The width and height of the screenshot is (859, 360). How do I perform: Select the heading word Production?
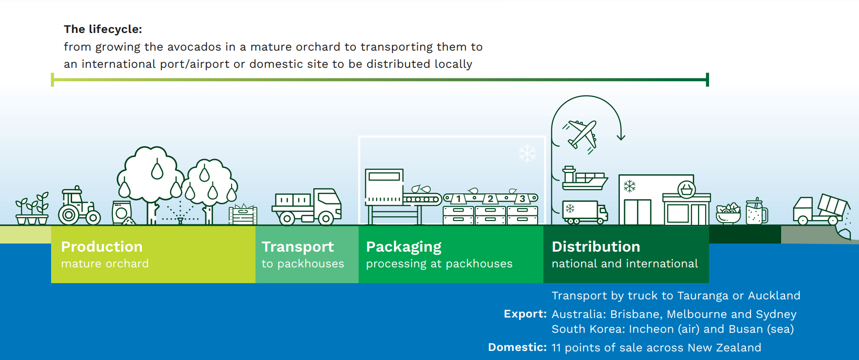pos(102,246)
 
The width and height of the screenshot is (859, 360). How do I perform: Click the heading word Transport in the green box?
pos(297,246)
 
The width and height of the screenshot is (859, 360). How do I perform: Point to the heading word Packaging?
pos(403,247)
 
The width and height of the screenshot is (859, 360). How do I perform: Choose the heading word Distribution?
pos(596,246)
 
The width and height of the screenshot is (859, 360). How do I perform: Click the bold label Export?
pos(525,314)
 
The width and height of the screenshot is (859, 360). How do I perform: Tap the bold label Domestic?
pos(517,347)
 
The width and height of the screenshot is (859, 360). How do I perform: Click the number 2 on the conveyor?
pos(490,199)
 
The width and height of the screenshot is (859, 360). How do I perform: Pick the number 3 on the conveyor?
pos(522,199)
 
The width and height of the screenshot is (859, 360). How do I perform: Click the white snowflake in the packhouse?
pos(528,153)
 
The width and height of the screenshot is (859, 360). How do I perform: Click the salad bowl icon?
pos(728,213)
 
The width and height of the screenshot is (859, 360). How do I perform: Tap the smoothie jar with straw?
pos(756,212)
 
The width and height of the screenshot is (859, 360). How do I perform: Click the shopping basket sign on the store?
pos(686,190)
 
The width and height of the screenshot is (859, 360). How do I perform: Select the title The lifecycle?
pos(103,29)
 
